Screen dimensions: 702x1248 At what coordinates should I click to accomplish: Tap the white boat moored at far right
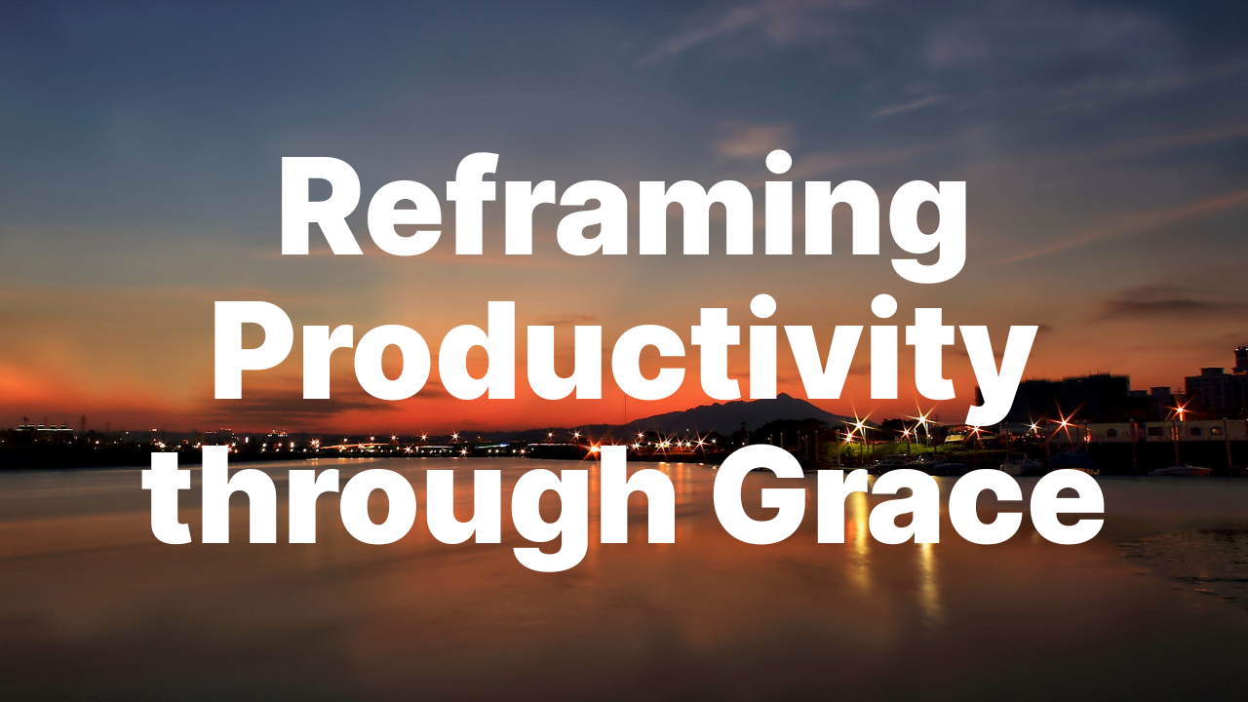click(1180, 471)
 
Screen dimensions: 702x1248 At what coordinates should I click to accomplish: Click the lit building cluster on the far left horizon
click(44, 428)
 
